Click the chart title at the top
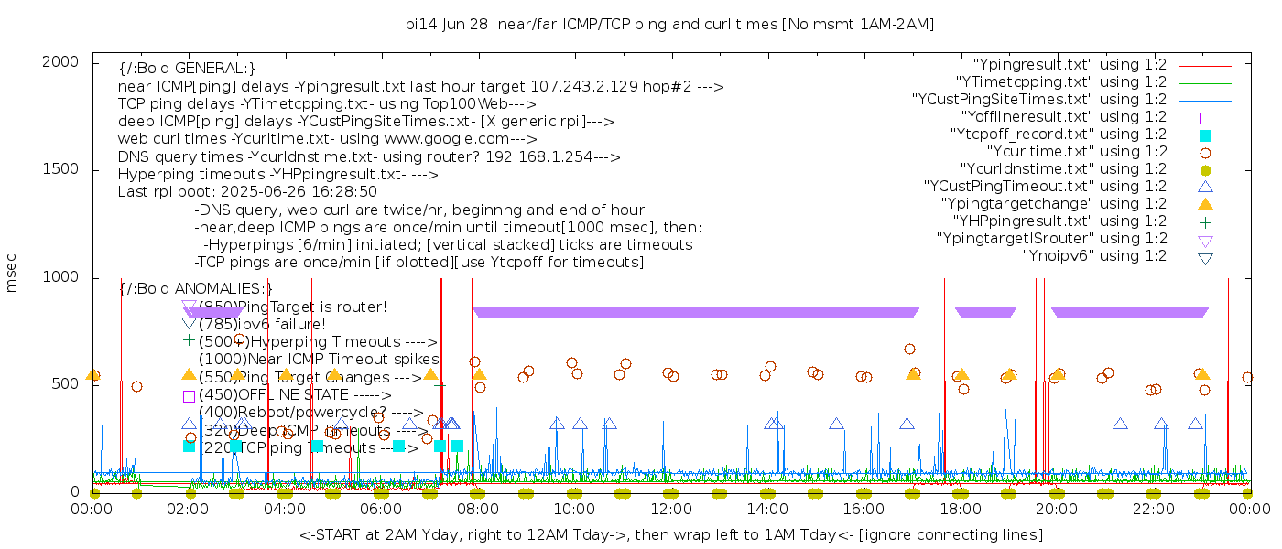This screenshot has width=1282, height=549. (x=669, y=25)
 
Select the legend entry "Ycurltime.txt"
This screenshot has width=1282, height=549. (x=1077, y=152)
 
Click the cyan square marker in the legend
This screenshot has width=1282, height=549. (x=1205, y=135)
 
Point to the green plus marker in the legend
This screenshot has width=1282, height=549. (x=1205, y=221)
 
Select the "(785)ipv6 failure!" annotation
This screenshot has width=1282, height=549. (x=262, y=325)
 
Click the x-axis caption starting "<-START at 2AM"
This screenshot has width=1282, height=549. (x=670, y=534)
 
